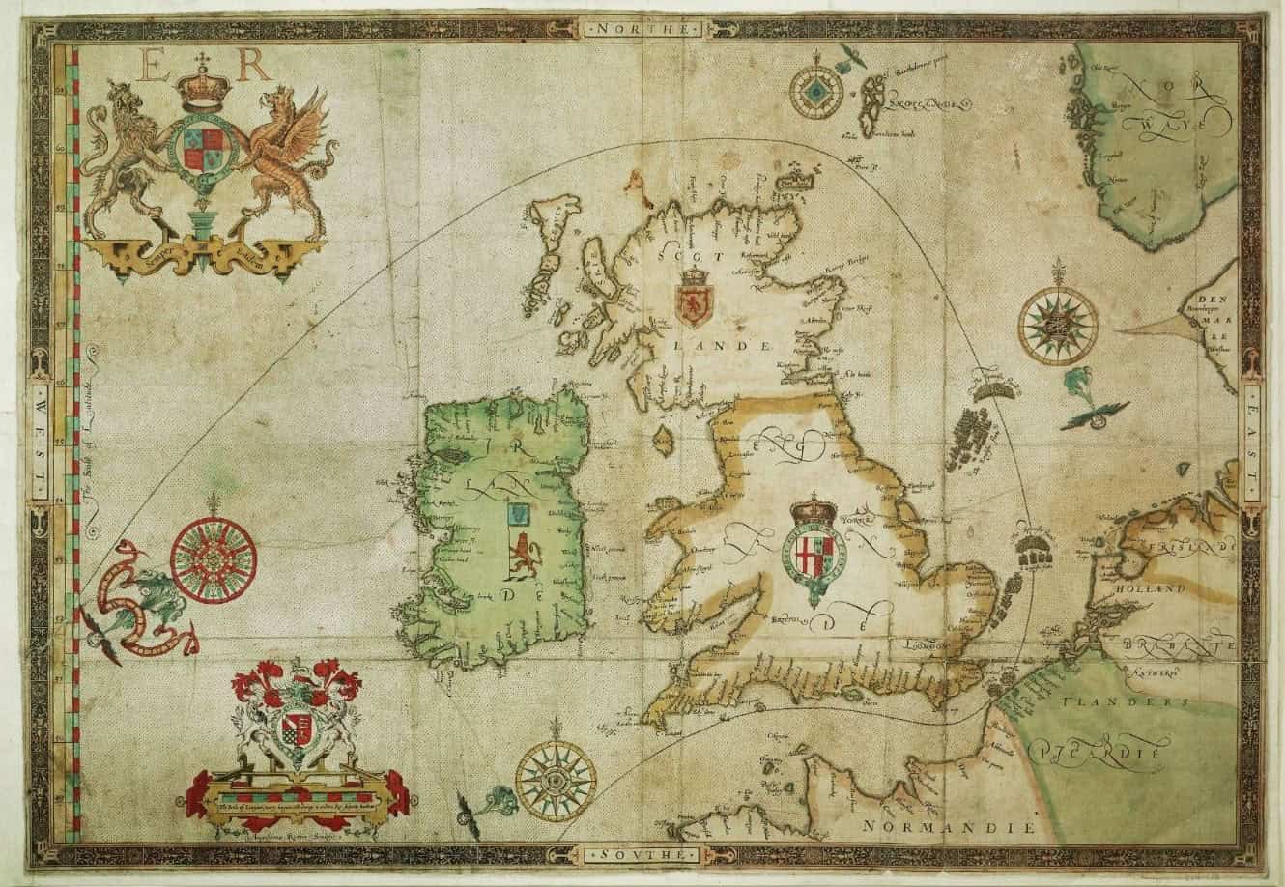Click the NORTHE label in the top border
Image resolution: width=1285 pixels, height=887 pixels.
[x=642, y=30]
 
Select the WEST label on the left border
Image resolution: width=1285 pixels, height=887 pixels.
[x=42, y=444]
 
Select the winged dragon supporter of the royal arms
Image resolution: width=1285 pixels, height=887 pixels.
[x=290, y=159]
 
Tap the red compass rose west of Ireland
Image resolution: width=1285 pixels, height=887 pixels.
[x=214, y=555]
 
